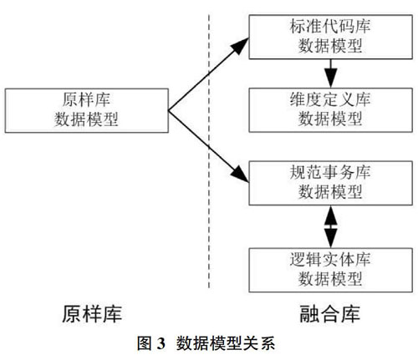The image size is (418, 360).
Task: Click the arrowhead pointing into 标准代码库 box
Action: click(240, 46)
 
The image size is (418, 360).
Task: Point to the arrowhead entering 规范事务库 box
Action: click(240, 175)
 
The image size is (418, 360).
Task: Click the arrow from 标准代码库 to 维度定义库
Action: click(330, 74)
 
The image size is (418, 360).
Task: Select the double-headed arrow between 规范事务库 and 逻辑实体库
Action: click(330, 226)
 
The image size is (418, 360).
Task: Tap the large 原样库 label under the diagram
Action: click(92, 314)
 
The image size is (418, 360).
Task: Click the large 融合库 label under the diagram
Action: click(330, 314)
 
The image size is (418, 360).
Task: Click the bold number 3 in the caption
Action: click(161, 343)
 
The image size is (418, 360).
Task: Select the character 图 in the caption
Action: click(145, 343)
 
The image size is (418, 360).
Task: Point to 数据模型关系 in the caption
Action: click(226, 343)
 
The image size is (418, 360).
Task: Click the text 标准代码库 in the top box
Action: click(330, 27)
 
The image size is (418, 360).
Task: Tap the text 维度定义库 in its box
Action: click(330, 99)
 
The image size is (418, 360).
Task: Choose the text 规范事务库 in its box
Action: click(330, 172)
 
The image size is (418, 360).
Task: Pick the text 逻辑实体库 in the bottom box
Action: click(330, 259)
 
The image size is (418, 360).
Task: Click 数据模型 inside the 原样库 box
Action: click(86, 119)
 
